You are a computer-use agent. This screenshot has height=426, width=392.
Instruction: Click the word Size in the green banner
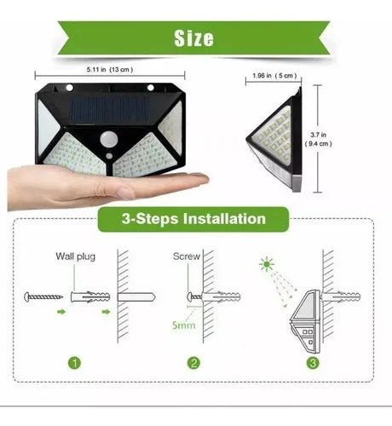(x=194, y=38)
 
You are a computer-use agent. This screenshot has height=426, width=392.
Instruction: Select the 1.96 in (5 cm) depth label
(x=274, y=78)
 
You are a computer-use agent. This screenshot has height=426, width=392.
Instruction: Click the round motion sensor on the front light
(x=109, y=139)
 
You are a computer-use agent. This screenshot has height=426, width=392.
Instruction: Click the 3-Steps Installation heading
(x=194, y=219)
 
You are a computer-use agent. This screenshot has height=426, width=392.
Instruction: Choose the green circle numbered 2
(x=194, y=365)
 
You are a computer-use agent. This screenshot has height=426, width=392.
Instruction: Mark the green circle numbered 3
(x=314, y=365)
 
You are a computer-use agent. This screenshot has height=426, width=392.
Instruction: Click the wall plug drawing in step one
(x=89, y=296)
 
